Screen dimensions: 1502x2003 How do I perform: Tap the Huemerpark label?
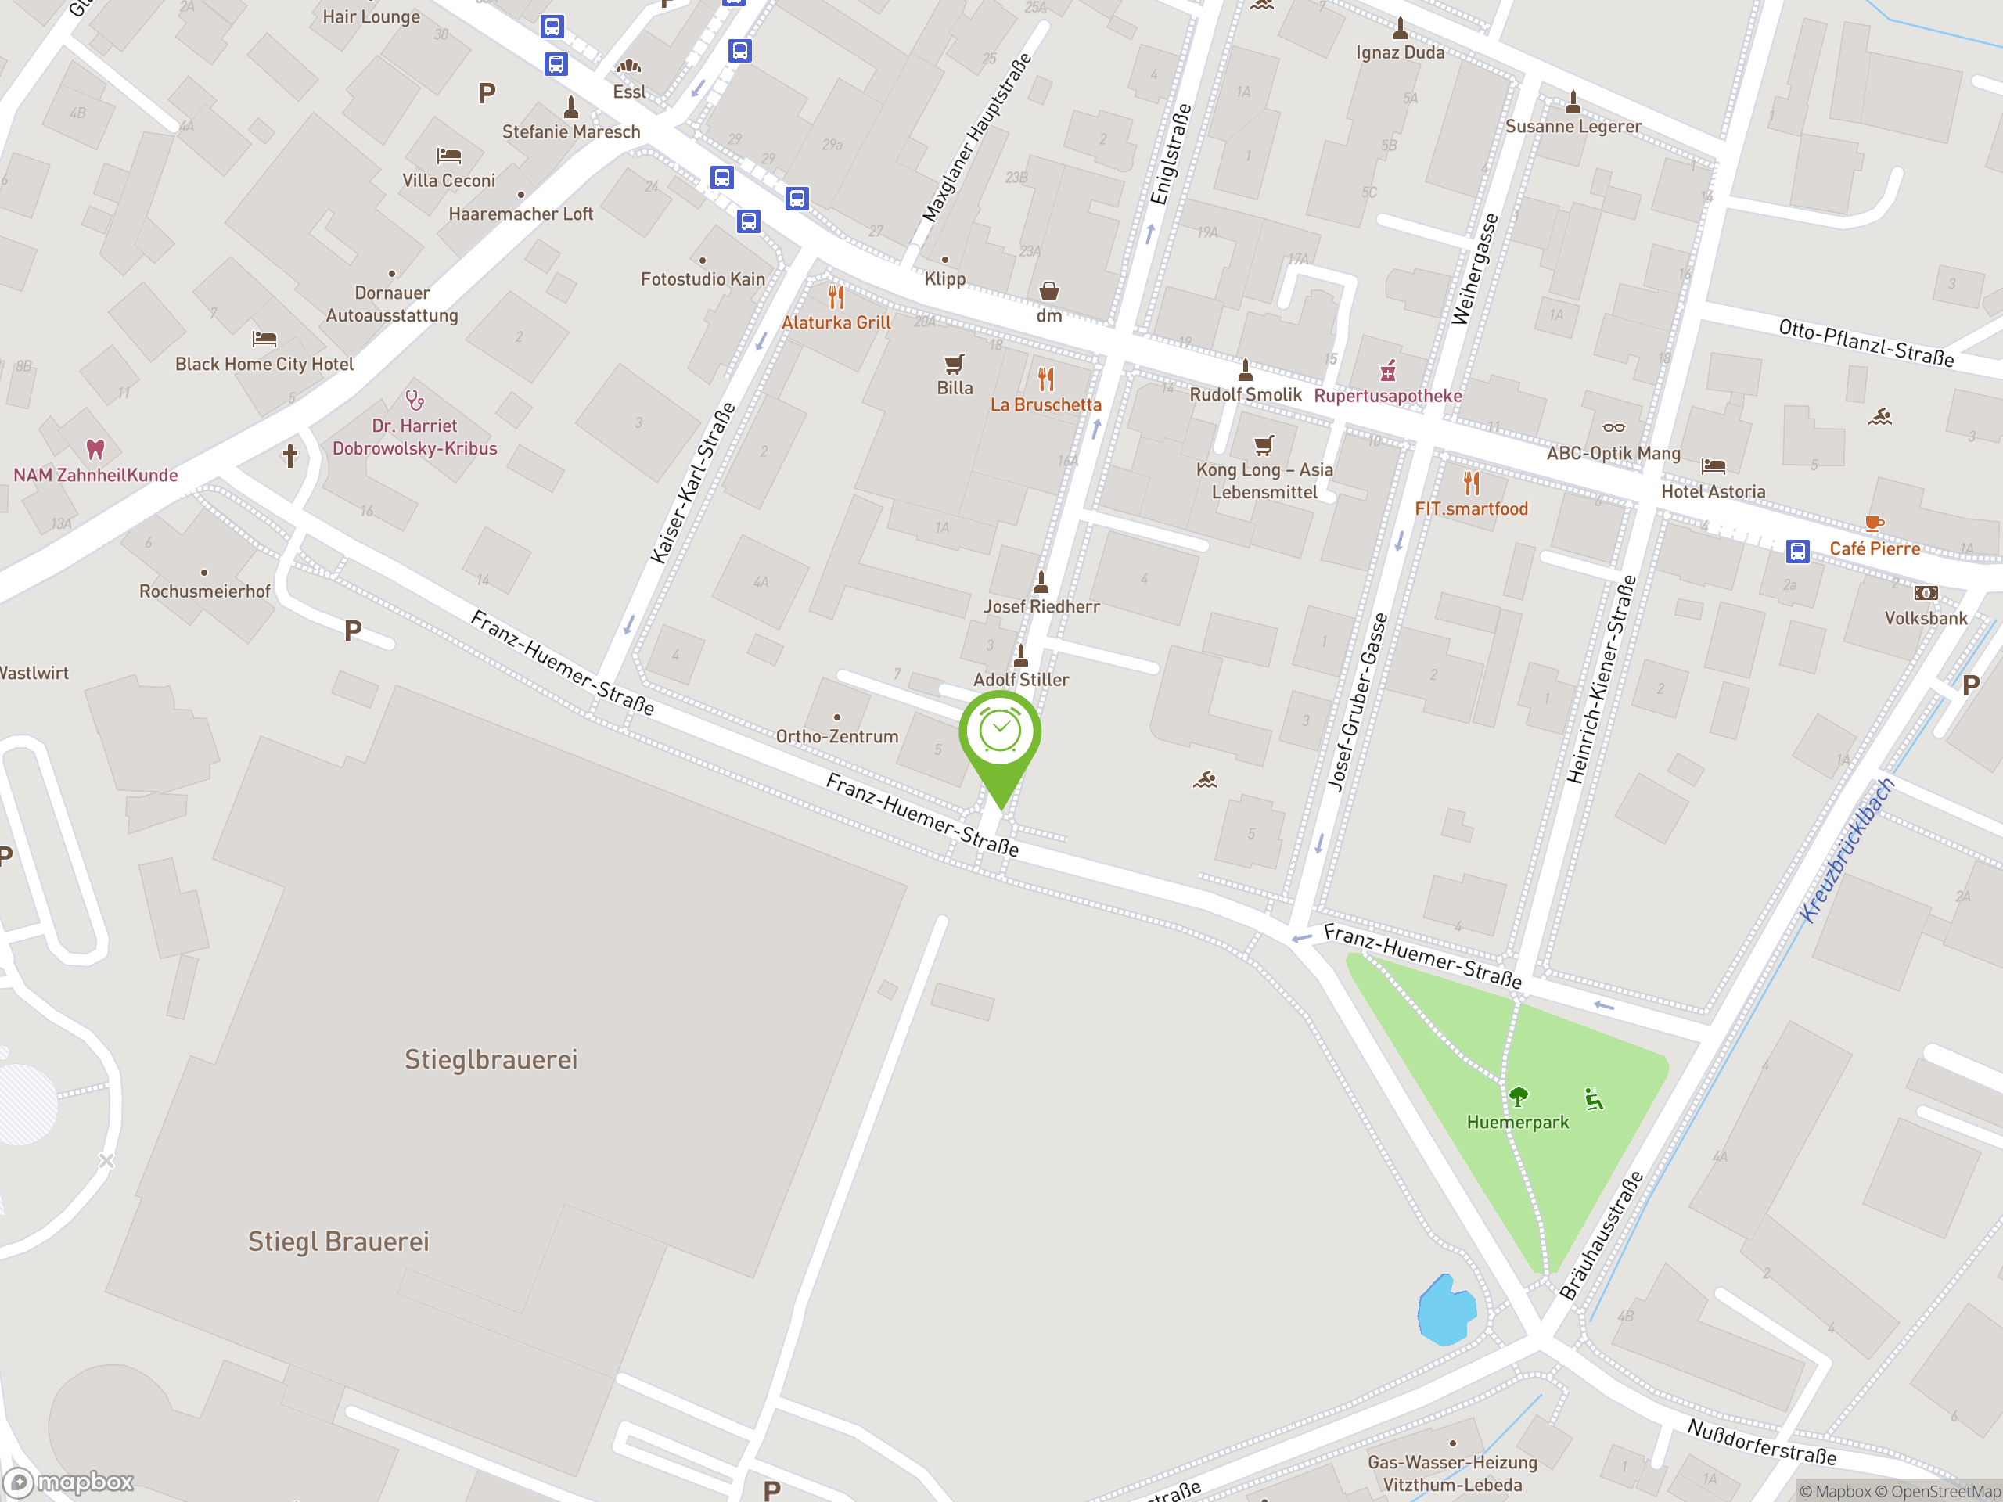(1517, 1122)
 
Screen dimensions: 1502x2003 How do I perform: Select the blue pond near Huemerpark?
(1446, 1310)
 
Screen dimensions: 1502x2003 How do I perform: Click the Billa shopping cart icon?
(954, 364)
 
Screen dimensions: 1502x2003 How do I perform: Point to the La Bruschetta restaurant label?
(1045, 404)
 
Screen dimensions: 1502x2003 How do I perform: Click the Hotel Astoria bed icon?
(1712, 466)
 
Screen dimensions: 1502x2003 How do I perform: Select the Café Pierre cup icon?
(1874, 523)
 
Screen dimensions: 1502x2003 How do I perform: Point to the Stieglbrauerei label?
(491, 1059)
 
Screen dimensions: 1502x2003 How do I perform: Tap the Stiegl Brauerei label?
(339, 1241)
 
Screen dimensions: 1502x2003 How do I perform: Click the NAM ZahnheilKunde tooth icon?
(95, 448)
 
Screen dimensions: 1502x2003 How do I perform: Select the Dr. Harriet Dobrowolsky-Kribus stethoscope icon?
(415, 399)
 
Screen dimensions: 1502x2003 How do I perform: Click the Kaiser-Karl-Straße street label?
(692, 483)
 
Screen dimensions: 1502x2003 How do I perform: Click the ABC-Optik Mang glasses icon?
(1613, 428)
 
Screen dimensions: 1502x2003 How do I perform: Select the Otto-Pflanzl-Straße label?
(1865, 342)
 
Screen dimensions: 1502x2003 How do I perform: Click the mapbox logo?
(69, 1482)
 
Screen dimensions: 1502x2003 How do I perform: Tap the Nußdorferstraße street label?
(1761, 1443)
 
